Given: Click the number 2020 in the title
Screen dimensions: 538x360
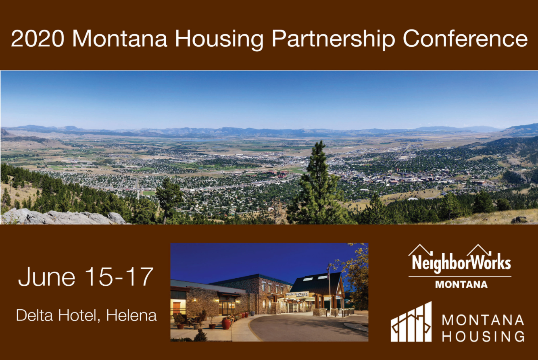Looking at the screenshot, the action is [x=38, y=38].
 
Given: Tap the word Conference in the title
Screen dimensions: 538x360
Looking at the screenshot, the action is [x=465, y=38].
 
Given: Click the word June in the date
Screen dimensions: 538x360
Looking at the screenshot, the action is [x=47, y=277].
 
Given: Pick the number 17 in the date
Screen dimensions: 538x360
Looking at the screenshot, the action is [x=140, y=277].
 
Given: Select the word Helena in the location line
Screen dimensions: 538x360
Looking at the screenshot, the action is [x=131, y=315].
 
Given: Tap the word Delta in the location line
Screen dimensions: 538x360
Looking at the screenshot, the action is [x=34, y=315].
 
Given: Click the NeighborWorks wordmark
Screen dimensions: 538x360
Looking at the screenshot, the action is [x=461, y=262].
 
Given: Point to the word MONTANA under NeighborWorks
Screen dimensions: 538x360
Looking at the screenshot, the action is [x=461, y=285].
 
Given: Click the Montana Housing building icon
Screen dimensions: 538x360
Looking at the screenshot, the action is [x=411, y=322].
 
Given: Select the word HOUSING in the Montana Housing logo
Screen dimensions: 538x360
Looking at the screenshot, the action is [x=483, y=336].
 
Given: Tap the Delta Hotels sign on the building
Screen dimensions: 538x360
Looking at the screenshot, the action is [x=297, y=294].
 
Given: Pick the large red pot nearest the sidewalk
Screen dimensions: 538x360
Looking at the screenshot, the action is [x=226, y=324].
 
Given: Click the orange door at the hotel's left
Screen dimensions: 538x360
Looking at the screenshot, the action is [x=177, y=308].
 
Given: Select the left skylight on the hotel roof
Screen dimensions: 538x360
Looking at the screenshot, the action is [x=308, y=279].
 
